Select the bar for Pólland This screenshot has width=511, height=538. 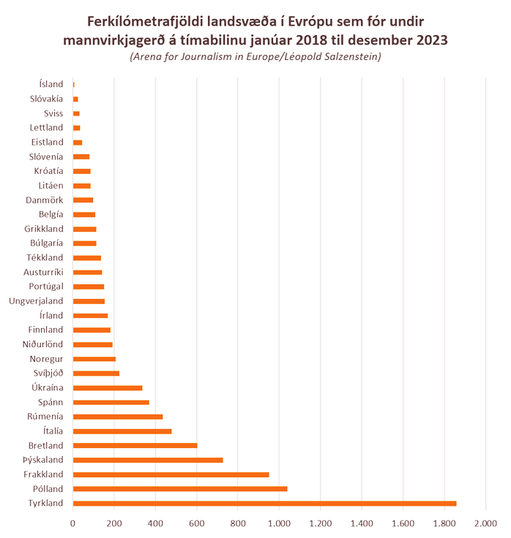179,488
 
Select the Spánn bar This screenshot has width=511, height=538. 111,402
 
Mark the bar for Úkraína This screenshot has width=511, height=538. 107,387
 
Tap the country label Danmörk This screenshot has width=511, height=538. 45,200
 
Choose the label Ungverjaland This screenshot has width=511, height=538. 36,300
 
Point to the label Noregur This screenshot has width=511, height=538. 46,358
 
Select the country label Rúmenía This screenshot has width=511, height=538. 44,416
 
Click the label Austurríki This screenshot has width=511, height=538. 43,272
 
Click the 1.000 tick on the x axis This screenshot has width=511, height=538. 279,523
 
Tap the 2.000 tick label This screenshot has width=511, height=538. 485,523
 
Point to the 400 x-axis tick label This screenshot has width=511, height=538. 155,523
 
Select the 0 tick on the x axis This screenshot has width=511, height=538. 72,523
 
